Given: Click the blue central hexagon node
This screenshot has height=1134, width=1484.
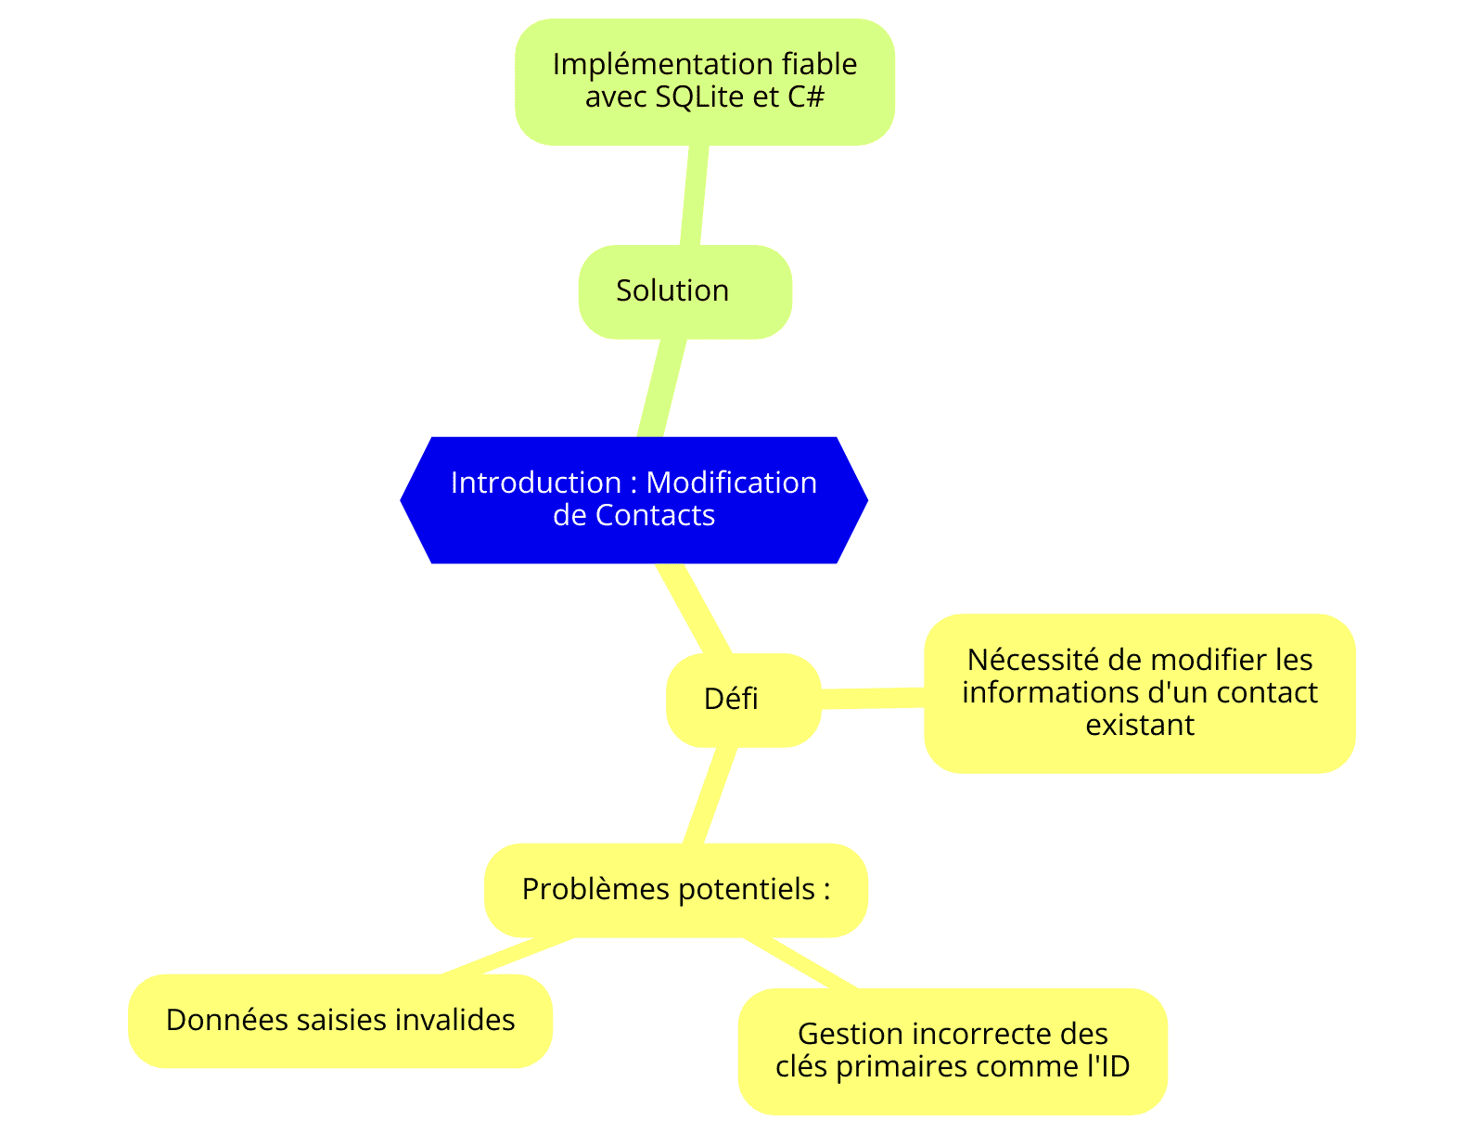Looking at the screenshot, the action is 633,499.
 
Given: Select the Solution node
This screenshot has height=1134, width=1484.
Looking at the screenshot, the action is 684,291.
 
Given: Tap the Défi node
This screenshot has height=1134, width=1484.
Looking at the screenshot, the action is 744,700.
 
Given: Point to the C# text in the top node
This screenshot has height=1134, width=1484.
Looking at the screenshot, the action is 806,97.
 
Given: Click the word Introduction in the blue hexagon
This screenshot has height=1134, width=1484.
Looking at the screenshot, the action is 535,483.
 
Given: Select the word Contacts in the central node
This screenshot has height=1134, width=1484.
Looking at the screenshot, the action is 655,515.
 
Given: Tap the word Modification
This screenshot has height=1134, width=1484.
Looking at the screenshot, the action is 732,483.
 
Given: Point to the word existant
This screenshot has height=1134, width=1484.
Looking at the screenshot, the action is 1140,725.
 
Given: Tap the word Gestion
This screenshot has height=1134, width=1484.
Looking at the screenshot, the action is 850,1034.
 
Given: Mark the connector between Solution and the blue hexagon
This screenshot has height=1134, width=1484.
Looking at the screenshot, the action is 662,388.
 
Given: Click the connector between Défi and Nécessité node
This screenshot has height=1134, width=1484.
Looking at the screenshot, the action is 873,698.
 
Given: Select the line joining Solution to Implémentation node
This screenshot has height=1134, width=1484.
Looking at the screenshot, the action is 695,195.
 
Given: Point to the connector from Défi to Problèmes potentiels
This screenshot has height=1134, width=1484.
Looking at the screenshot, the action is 710,795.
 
